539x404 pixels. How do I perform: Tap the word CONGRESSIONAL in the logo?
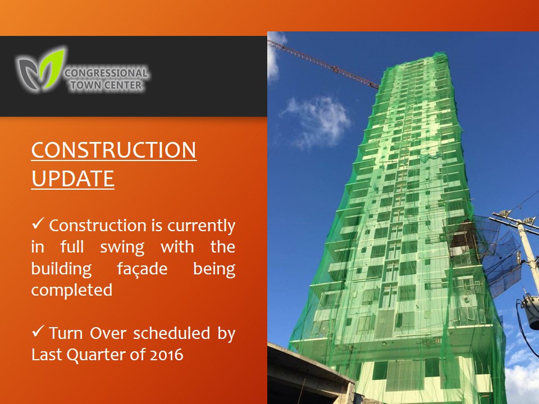tap(106, 73)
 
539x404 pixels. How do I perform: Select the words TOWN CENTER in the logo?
tap(106, 85)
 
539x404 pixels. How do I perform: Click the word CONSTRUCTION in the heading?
tap(114, 150)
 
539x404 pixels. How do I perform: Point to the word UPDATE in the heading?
tap(72, 178)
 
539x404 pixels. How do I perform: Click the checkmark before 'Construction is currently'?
tap(38, 224)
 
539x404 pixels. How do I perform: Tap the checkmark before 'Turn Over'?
tap(38, 331)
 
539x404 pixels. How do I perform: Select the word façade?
tap(142, 269)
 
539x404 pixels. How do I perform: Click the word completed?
tap(72, 290)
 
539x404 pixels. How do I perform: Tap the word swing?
tap(122, 247)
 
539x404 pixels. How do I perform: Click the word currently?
tap(202, 226)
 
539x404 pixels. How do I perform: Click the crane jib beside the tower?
tap(323, 64)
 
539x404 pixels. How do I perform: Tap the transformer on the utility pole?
tap(531, 311)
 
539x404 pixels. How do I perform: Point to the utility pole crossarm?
tap(515, 220)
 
